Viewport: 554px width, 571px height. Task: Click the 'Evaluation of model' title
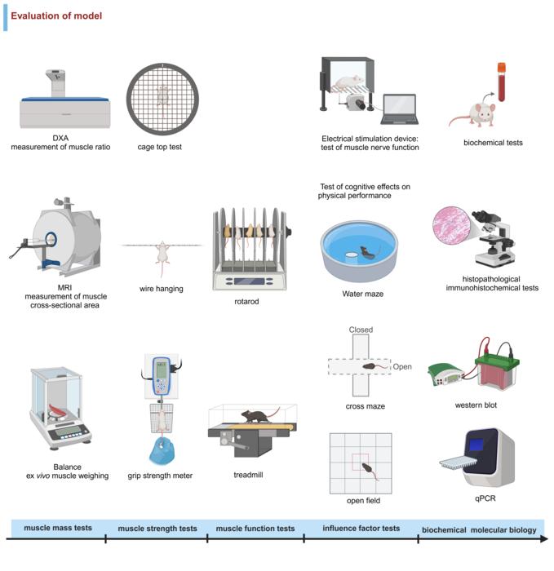56,15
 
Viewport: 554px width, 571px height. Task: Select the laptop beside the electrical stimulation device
398,109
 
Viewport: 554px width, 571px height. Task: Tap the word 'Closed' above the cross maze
361,330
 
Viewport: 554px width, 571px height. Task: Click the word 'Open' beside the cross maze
402,367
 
